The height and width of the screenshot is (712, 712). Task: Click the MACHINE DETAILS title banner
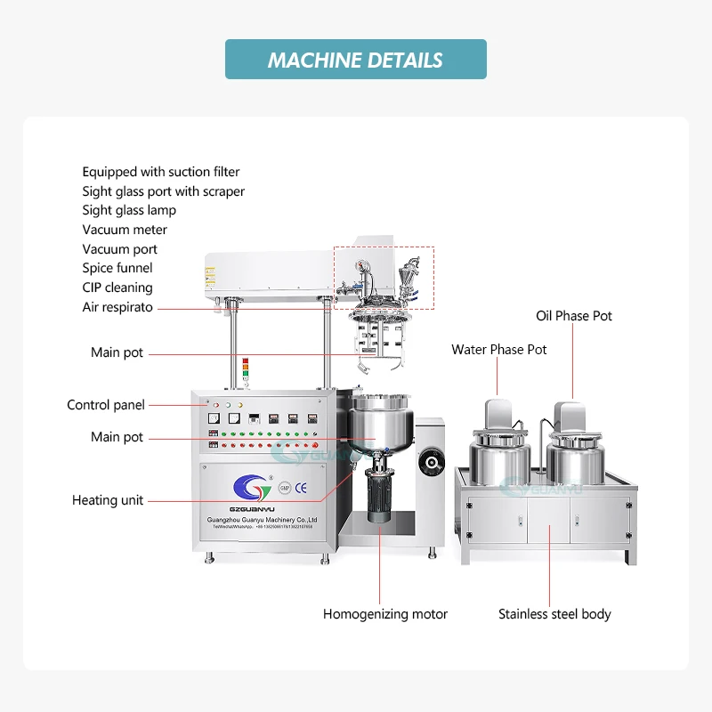coord(355,60)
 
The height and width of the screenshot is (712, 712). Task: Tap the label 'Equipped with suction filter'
coord(161,172)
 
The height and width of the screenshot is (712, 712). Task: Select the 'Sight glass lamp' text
coord(129,210)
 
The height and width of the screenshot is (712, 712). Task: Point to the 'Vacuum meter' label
coord(125,230)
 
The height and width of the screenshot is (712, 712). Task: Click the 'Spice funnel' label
coord(117,268)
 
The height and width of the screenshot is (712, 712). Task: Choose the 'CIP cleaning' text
coord(117,287)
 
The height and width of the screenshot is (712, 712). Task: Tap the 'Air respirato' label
coord(117,307)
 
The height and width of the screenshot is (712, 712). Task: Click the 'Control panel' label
coord(105,405)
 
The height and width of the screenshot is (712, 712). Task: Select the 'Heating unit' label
coord(108,500)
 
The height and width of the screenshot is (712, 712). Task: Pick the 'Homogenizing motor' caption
coord(384,614)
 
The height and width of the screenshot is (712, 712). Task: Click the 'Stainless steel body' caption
coord(554,614)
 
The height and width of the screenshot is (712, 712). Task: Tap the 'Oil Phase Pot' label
coord(574,316)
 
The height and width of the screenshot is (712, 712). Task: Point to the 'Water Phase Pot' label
coord(499,349)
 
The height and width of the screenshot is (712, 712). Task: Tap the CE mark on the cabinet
coord(300,487)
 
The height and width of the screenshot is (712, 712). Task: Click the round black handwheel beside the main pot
coord(431,461)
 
